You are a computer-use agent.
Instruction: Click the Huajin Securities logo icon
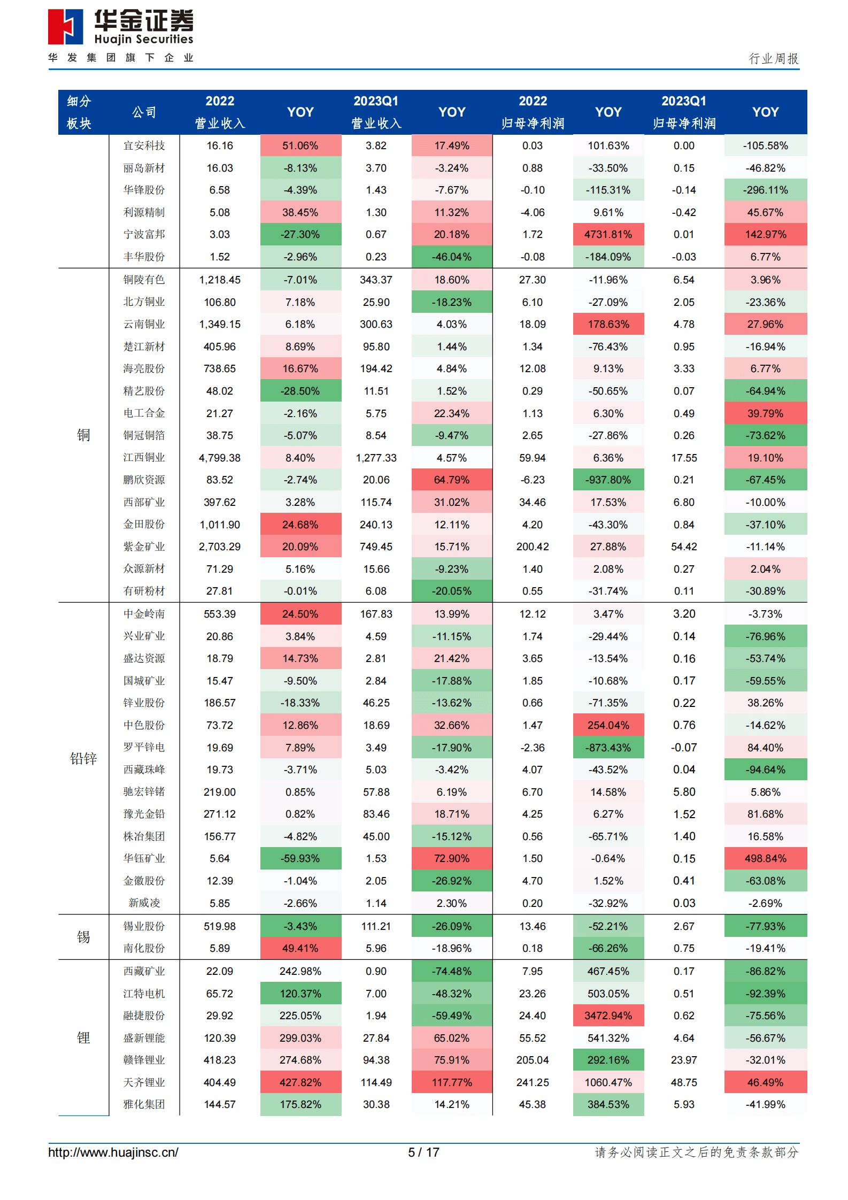point(65,27)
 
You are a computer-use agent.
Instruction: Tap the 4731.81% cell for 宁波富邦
point(608,234)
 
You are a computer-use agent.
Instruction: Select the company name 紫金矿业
point(144,547)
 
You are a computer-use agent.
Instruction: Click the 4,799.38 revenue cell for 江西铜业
point(219,458)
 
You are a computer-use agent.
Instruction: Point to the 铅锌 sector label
point(83,758)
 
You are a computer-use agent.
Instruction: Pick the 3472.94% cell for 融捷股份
point(608,1016)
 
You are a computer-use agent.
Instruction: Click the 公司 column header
point(144,112)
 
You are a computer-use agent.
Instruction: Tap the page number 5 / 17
point(423,1152)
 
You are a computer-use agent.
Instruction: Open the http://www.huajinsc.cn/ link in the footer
point(113,1152)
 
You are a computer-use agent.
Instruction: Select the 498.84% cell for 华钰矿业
point(765,858)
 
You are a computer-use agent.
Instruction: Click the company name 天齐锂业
point(144,1082)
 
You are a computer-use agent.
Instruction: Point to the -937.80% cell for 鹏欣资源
point(608,480)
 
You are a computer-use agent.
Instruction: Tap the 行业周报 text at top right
point(773,58)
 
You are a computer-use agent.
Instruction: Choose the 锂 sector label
point(83,1038)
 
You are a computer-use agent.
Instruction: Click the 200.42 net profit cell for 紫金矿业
point(533,547)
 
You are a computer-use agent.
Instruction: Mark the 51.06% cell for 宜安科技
point(300,145)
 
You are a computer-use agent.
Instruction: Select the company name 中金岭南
point(144,614)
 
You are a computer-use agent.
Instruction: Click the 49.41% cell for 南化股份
point(300,948)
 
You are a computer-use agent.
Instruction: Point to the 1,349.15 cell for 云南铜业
point(219,324)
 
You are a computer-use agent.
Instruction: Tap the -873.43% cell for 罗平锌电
point(608,748)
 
